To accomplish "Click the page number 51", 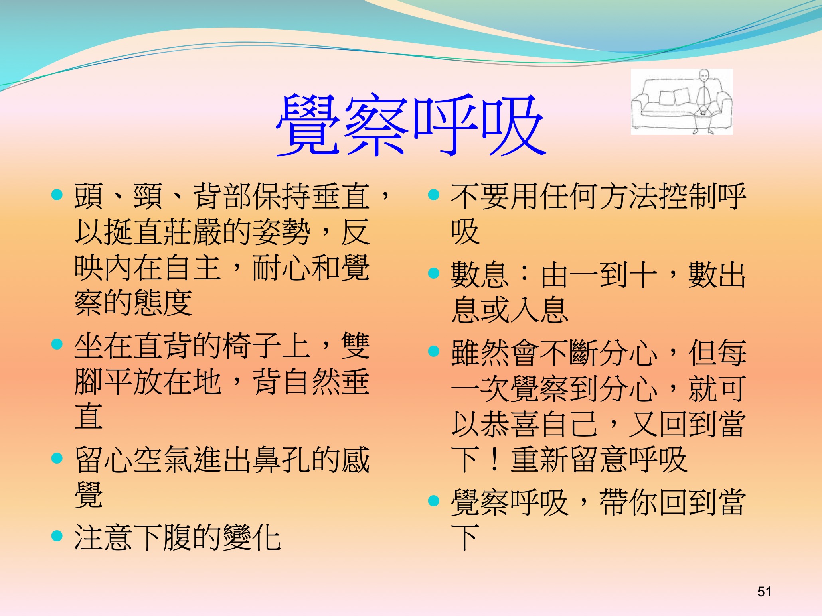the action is [764, 592].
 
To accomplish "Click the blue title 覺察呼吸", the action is [411, 125].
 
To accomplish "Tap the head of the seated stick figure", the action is [704, 75].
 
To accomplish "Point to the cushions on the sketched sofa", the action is [674, 96].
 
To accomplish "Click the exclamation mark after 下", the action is [495, 460].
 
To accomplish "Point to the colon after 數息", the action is [525, 274].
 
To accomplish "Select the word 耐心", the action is [282, 268].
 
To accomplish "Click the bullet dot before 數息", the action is [433, 273].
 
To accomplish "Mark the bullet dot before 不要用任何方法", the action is [433, 195].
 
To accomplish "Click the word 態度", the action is [163, 303].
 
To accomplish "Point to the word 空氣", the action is [163, 460].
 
